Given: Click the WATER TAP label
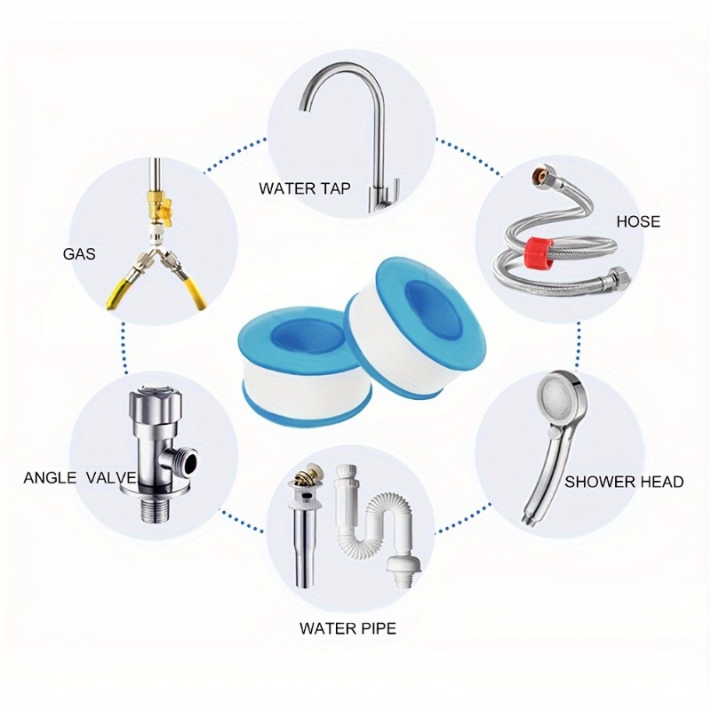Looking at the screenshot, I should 305,188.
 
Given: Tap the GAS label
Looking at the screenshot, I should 79,253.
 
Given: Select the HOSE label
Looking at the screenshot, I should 638,220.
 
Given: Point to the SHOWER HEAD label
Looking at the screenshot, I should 624,482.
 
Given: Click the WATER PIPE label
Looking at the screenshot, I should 348,629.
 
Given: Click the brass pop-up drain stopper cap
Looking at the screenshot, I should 300,483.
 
